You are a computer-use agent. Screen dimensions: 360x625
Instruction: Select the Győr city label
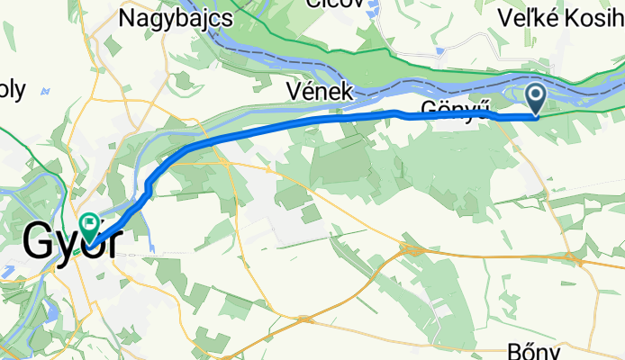pyautogui.click(x=69, y=240)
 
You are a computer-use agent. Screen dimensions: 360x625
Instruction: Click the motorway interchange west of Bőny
pyautogui.click(x=413, y=249)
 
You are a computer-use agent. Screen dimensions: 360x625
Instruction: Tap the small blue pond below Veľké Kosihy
pyautogui.click(x=439, y=52)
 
